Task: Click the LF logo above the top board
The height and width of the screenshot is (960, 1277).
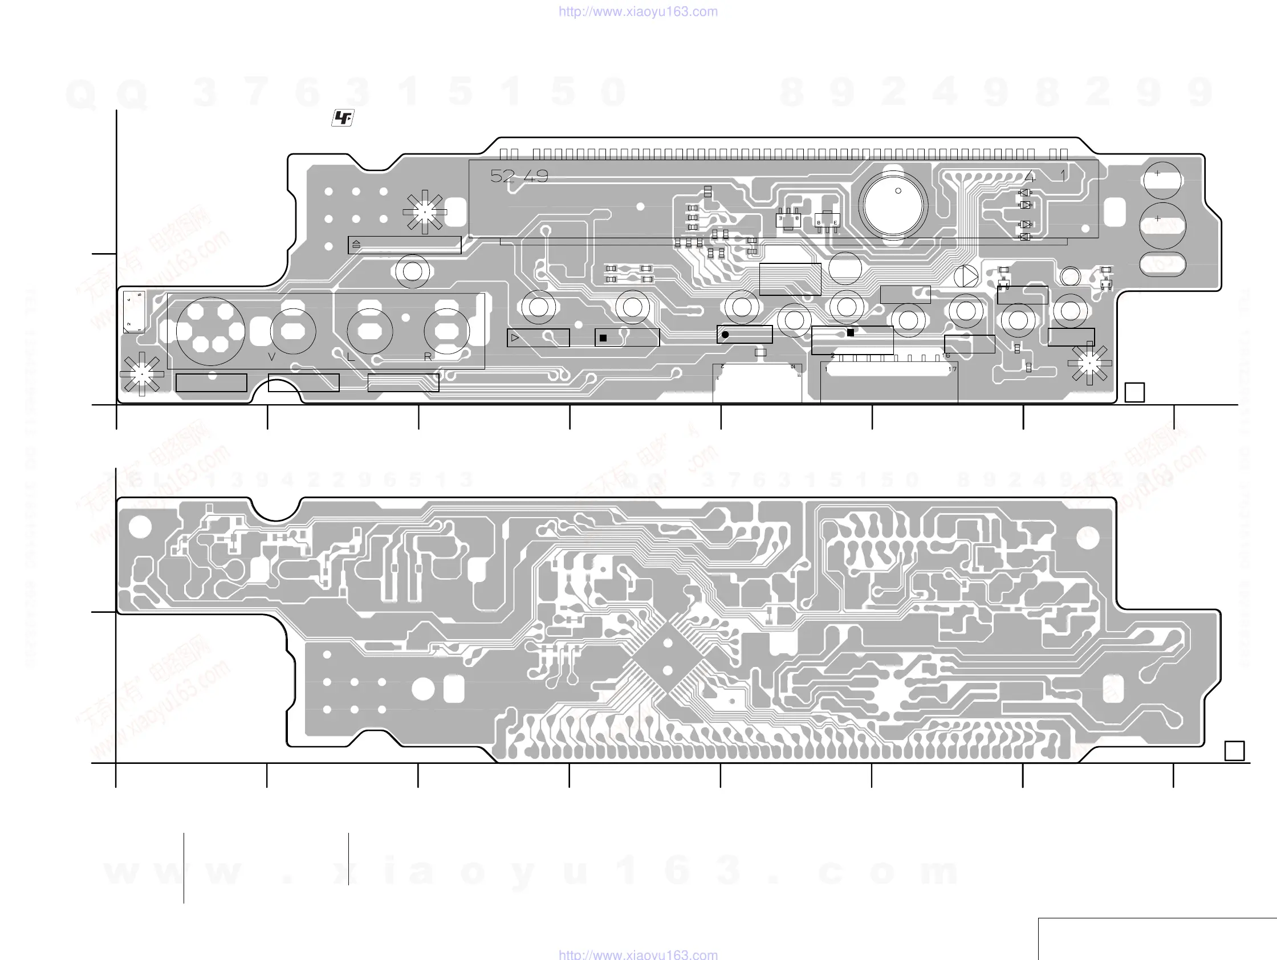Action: pyautogui.click(x=343, y=118)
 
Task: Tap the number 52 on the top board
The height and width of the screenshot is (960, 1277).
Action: pyautogui.click(x=502, y=176)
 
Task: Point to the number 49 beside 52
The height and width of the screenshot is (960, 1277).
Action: pyautogui.click(x=536, y=176)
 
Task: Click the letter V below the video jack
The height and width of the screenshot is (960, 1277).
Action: pyautogui.click(x=272, y=357)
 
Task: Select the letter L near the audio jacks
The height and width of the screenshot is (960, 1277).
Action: pyautogui.click(x=351, y=357)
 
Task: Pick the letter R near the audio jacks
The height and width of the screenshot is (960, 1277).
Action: pyautogui.click(x=428, y=357)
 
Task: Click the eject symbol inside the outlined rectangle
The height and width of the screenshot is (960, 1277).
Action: pyautogui.click(x=356, y=245)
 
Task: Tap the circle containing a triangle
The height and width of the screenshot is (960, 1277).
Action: pyautogui.click(x=966, y=277)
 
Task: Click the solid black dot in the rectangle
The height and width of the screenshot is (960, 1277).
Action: pyautogui.click(x=725, y=334)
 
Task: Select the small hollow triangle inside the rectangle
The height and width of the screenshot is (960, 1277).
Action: pyautogui.click(x=515, y=337)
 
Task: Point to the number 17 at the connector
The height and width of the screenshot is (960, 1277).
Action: pyautogui.click(x=953, y=369)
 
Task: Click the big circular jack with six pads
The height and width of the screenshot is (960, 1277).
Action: pyautogui.click(x=210, y=331)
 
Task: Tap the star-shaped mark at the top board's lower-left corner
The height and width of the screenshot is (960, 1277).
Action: pyautogui.click(x=141, y=374)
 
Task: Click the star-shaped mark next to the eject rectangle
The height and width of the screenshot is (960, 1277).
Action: pyautogui.click(x=425, y=212)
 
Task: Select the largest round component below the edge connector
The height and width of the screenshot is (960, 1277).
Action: pyautogui.click(x=893, y=205)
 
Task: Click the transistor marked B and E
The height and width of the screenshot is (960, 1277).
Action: pyautogui.click(x=827, y=222)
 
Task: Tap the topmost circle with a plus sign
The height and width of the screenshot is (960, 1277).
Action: pyautogui.click(x=1162, y=180)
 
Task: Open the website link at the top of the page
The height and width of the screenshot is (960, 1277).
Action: pyautogui.click(x=638, y=11)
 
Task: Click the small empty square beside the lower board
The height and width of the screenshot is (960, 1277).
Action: pyautogui.click(x=1234, y=751)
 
